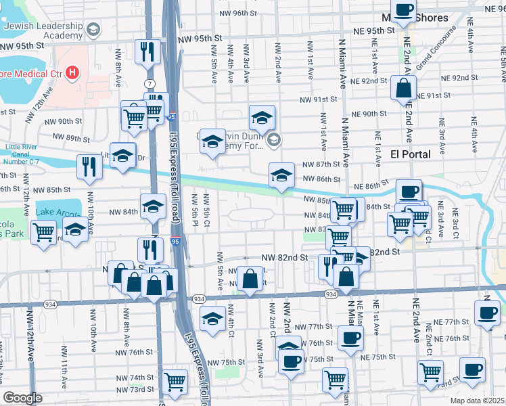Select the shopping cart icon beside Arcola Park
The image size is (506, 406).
coord(44,233)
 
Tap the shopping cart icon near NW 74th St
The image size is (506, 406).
coord(175,382)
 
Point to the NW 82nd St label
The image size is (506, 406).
coord(284,258)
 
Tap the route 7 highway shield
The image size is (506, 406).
coord(147,83)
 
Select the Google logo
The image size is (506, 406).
coord(22,398)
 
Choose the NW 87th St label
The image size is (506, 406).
coord(321,164)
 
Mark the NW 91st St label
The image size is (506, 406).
coord(319,99)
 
